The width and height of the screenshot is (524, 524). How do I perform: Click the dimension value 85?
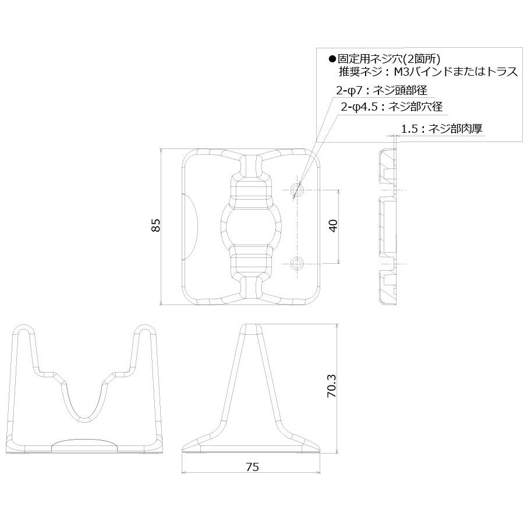155,226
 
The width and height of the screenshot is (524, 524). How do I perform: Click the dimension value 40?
333,226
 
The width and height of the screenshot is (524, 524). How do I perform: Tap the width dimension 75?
252,466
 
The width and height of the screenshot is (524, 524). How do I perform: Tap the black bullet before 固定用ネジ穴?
332,58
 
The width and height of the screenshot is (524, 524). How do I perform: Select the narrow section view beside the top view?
387,226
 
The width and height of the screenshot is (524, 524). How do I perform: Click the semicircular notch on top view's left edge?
191,226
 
